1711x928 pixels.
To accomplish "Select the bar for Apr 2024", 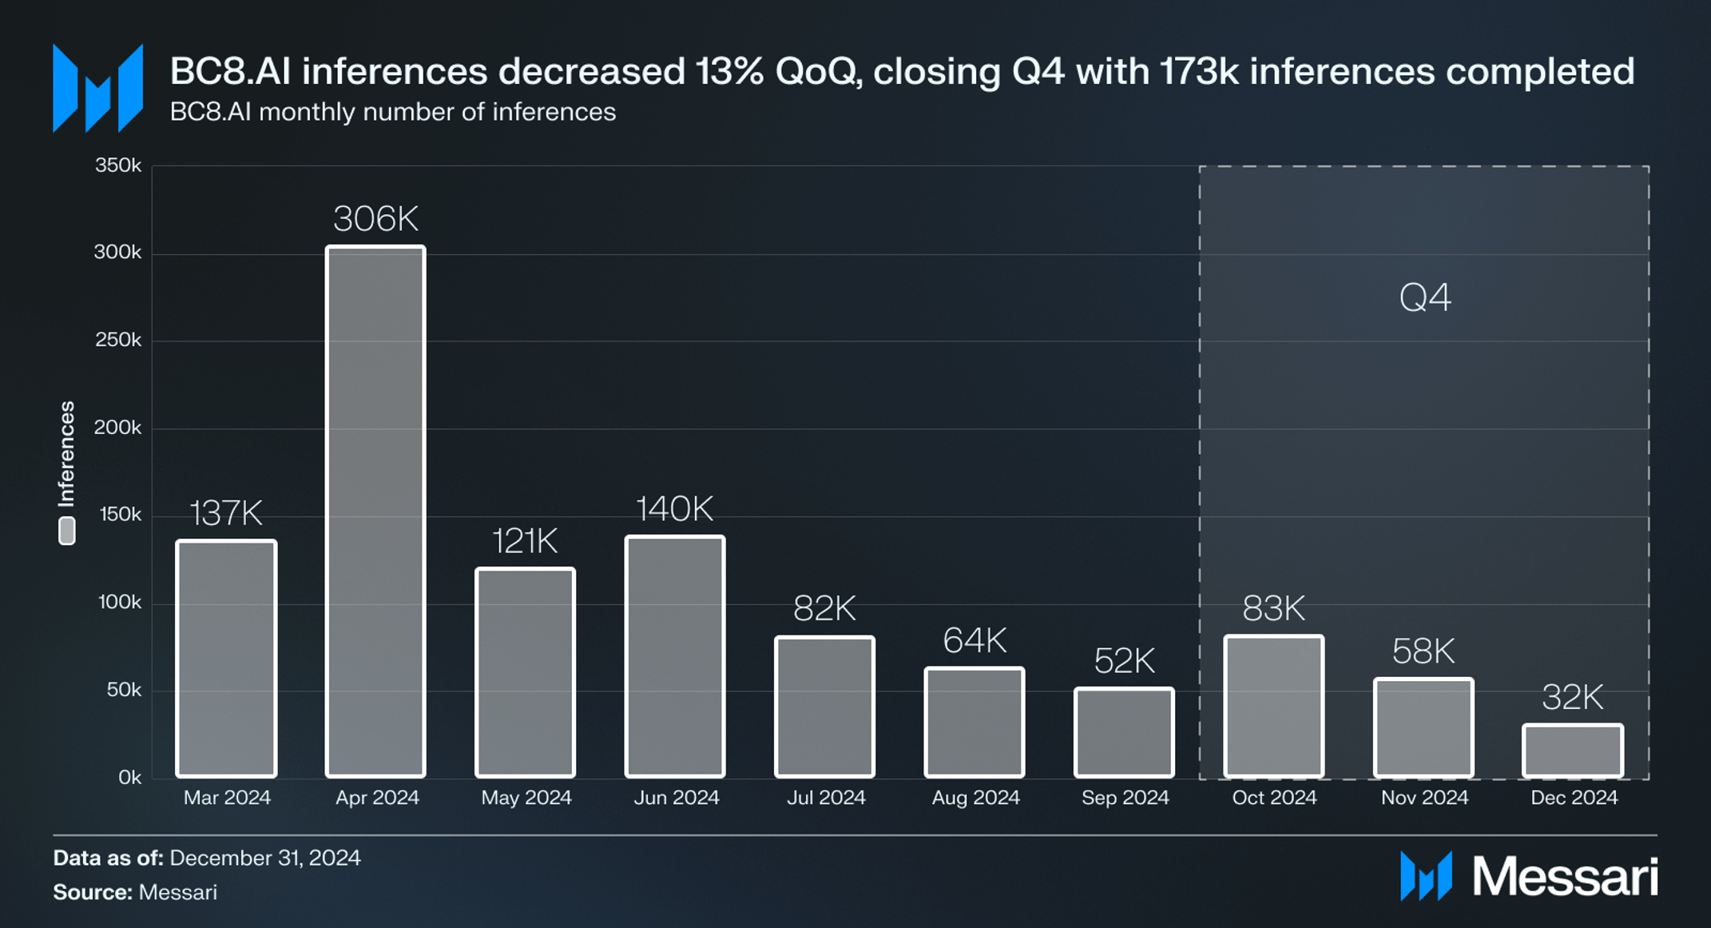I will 375,512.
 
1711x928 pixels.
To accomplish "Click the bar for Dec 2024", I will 1573,751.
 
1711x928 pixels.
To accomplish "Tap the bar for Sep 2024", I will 1124,732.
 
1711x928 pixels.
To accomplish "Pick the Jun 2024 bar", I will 675,656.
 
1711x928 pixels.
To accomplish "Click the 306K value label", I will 375,219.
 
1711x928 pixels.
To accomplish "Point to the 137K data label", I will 226,513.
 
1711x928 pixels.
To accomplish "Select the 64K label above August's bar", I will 975,640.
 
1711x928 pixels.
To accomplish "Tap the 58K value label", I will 1423,651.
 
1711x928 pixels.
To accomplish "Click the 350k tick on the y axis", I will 118,165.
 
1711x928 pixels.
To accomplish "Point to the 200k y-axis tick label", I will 117,428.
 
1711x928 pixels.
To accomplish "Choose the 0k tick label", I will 129,777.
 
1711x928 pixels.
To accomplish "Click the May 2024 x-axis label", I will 526,798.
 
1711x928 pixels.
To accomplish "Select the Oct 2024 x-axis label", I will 1274,798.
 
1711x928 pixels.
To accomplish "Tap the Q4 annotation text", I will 1425,297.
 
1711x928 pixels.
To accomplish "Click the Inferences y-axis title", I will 67,453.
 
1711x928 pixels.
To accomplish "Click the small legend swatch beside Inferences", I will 67,531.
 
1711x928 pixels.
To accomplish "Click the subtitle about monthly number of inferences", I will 392,112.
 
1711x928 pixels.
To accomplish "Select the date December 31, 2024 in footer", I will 265,858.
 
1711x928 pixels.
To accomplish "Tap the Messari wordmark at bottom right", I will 1564,877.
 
